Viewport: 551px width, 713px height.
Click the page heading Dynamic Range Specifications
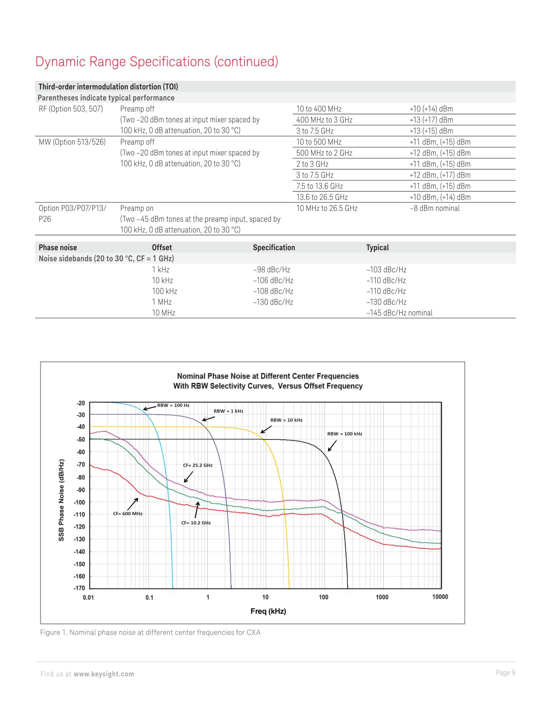(x=157, y=61)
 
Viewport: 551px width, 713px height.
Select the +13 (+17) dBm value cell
(x=431, y=120)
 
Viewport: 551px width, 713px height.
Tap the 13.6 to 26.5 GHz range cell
(x=322, y=197)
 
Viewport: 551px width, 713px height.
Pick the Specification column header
(x=274, y=247)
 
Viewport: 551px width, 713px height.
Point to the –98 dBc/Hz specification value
(x=271, y=270)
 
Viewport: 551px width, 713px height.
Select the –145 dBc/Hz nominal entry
(x=399, y=313)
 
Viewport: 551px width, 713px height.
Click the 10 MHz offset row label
(x=164, y=313)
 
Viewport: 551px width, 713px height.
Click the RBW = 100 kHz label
(x=345, y=434)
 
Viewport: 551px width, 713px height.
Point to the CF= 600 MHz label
(x=128, y=514)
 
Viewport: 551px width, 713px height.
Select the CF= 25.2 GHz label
(x=198, y=465)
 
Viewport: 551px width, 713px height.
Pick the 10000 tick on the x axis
(x=440, y=597)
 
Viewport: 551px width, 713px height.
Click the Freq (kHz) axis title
(x=268, y=611)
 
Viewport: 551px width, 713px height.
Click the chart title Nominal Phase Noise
(x=268, y=381)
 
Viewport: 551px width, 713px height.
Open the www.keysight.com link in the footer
(x=104, y=674)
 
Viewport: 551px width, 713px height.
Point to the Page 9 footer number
(x=505, y=673)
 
